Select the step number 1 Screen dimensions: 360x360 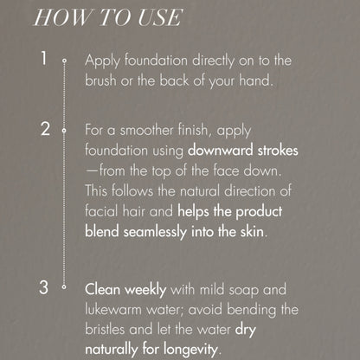43,60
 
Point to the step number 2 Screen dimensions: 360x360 45,131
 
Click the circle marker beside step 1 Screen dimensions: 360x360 64,61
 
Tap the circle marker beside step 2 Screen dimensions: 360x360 64,132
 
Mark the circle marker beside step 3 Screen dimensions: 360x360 64,288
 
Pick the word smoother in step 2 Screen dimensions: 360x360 147,131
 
